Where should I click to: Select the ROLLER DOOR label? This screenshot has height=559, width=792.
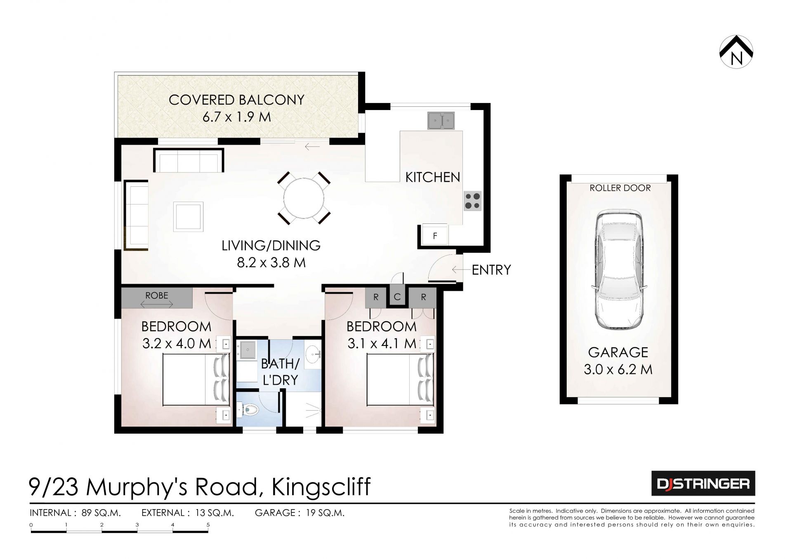[x=620, y=188]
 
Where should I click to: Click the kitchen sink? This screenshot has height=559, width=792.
[x=441, y=121]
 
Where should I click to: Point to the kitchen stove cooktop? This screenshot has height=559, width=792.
[x=472, y=201]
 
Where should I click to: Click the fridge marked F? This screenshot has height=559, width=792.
[x=435, y=236]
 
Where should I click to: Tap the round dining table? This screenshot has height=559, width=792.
[x=304, y=198]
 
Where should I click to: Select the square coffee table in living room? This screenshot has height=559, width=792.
[x=189, y=216]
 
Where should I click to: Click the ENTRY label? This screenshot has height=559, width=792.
[x=491, y=270]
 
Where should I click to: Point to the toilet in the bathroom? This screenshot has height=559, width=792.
[x=250, y=410]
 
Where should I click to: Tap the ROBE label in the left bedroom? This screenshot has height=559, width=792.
[x=157, y=296]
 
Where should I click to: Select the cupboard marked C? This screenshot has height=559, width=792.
[x=397, y=297]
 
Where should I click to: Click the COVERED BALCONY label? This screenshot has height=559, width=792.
[x=236, y=100]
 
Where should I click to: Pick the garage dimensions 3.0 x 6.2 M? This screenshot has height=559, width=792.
[x=618, y=369]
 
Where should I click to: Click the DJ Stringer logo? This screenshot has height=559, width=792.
[x=703, y=483]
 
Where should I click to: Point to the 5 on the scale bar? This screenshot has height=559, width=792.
[x=208, y=525]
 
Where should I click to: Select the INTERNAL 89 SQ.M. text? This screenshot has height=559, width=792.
[x=75, y=513]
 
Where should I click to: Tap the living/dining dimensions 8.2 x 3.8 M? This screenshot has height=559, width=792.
[x=271, y=263]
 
